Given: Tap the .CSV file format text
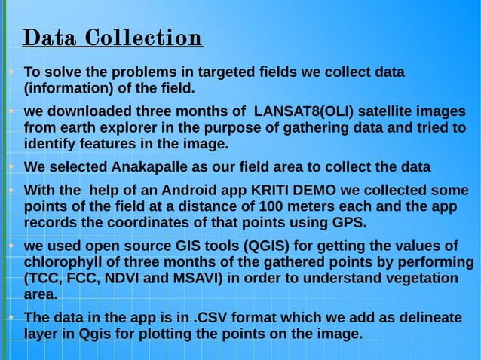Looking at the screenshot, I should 213,319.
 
